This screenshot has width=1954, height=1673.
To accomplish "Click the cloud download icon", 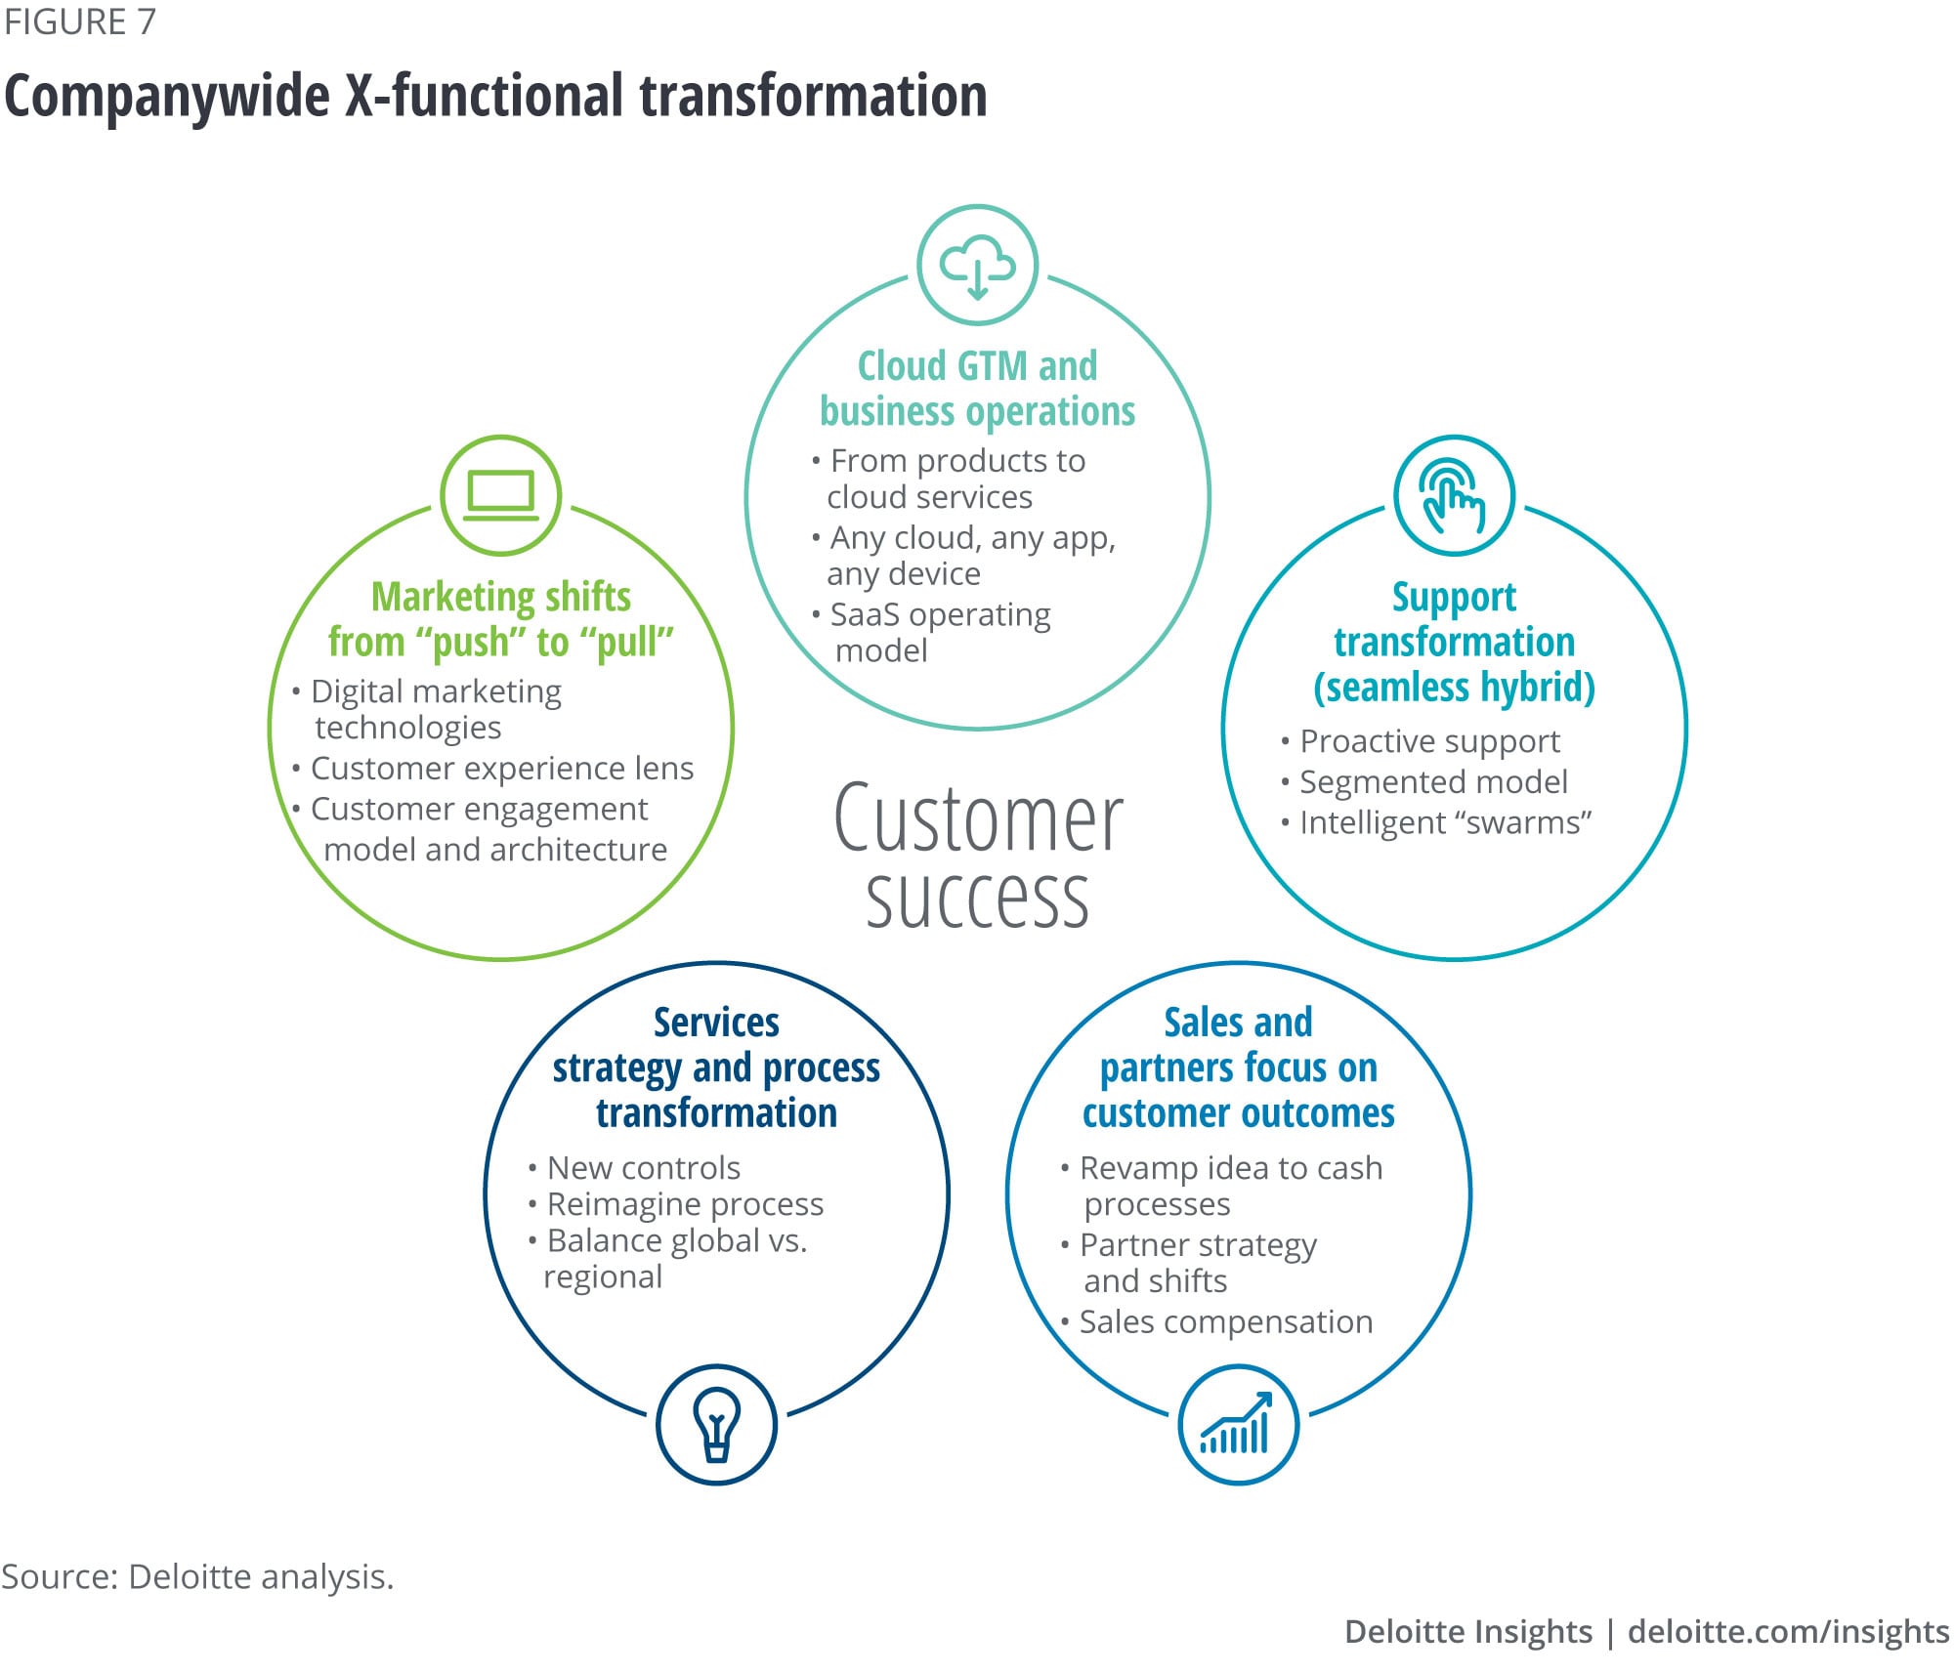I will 977,265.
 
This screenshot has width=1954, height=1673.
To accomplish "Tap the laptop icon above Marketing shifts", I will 500,495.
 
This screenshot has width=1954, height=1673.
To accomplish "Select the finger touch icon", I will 1454,495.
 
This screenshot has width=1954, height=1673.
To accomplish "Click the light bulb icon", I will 716,1424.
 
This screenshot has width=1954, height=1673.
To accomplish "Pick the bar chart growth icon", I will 1238,1424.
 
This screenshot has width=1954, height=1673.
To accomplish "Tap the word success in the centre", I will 977,899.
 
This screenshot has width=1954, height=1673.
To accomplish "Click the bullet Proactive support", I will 1428,741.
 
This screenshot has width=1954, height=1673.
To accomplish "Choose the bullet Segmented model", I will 1432,781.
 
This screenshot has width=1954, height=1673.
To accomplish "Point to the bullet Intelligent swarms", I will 1444,822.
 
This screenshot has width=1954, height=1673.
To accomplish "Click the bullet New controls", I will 643,1167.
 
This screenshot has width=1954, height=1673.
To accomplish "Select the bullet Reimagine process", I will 684,1204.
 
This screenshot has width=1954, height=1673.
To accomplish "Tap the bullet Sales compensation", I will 1225,1321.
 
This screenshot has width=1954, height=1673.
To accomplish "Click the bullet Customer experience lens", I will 501,769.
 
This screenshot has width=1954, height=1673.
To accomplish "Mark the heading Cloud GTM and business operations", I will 977,389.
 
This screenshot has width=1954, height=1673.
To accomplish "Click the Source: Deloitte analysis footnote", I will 197,1576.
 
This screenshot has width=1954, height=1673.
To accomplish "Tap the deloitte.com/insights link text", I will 1788,1631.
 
